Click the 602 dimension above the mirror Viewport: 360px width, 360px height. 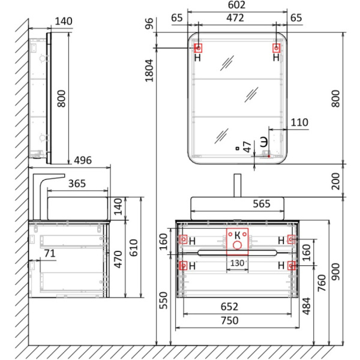pos(236,5)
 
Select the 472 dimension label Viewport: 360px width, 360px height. pos(235,18)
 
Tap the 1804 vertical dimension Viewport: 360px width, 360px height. pos(149,70)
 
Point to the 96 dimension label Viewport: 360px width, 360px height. pos(149,23)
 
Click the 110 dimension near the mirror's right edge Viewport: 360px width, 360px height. pos(299,122)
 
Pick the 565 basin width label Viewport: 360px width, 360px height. pos(262,203)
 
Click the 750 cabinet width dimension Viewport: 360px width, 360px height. pos(230,320)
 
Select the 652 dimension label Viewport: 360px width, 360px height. pos(229,307)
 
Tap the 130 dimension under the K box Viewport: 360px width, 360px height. pos(237,263)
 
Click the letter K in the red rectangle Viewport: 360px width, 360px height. pos(238,235)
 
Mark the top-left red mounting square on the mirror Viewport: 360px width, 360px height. pos(198,48)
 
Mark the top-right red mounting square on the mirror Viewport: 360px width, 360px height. pos(276,48)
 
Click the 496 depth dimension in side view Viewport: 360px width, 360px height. pos(83,160)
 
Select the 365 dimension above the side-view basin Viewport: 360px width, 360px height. pos(77,184)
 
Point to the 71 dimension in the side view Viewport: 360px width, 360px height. pos(50,253)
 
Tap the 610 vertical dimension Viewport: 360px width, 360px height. pos(133,248)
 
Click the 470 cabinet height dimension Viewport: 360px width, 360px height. pos(118,259)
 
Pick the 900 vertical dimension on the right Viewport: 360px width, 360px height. pos(335,272)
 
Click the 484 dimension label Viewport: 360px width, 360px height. pos(306,306)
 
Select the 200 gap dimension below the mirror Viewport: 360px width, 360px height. pos(335,181)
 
